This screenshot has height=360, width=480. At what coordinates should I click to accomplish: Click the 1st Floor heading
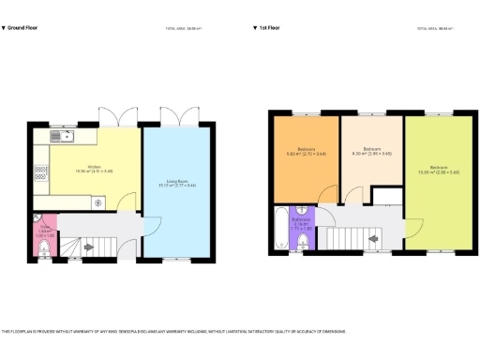[272, 28]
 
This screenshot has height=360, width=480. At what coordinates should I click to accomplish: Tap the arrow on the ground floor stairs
[89, 247]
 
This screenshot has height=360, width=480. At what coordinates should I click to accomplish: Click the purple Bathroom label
[302, 221]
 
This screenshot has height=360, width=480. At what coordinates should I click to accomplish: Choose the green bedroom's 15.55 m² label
[438, 170]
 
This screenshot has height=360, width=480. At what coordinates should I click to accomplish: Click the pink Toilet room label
[44, 228]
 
